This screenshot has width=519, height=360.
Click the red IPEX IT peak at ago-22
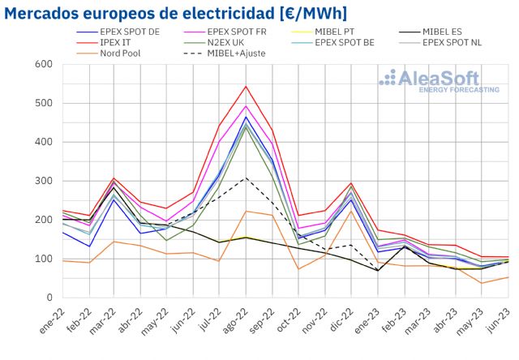coord(246,86)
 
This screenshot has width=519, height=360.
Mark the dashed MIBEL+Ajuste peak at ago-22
coord(246,178)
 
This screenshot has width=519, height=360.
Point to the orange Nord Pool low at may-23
coord(483,283)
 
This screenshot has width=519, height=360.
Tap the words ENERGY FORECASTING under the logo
coord(459,90)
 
